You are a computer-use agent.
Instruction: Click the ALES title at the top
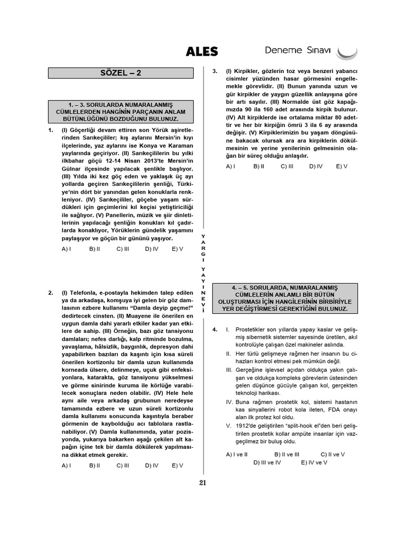point(202,51)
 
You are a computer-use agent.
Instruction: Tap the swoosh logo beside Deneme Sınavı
point(347,52)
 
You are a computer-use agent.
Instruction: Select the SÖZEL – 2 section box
point(121,73)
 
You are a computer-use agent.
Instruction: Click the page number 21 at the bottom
point(203,482)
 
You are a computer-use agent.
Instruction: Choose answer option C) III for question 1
point(123,248)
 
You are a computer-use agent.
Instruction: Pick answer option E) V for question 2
point(177,465)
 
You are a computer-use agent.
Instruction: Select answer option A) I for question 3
point(230,166)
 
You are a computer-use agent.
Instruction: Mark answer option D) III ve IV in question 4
point(267,462)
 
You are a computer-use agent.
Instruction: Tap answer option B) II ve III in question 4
point(287,454)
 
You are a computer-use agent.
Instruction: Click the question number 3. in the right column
point(215,71)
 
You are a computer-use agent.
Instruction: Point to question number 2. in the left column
point(50,293)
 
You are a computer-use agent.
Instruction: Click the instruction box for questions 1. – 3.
point(121,112)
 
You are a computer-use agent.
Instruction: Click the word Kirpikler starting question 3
point(248,71)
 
